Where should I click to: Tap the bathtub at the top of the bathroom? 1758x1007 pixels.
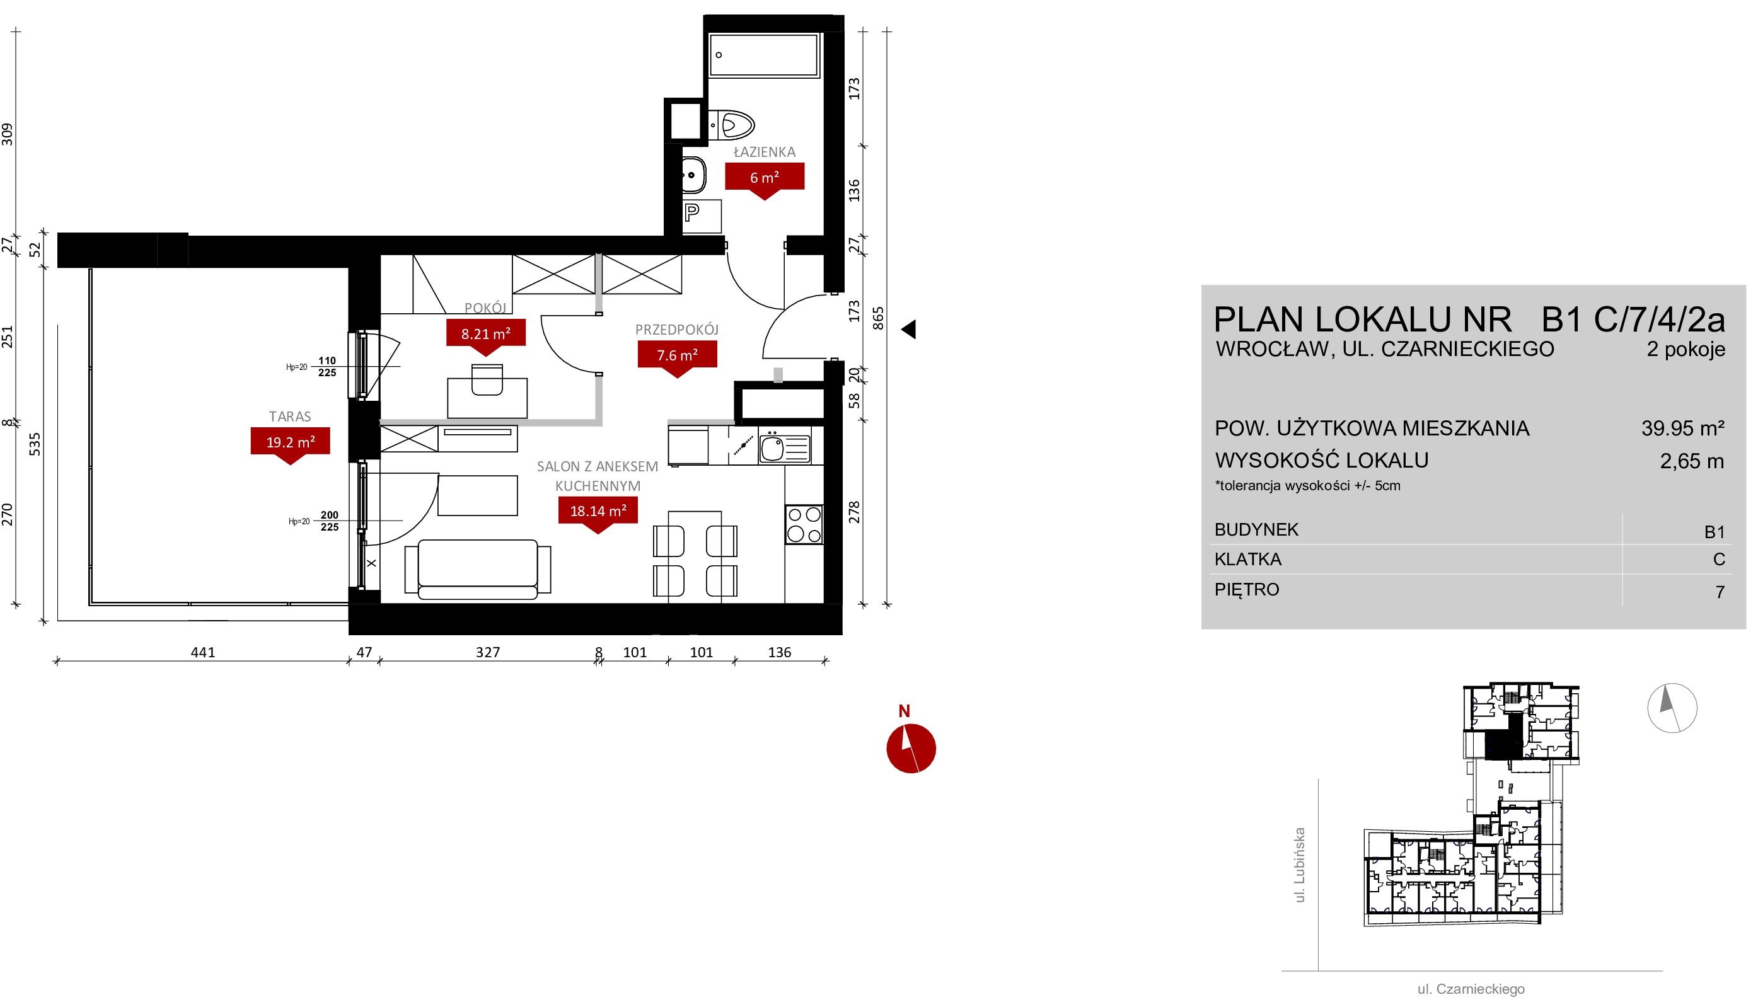click(764, 55)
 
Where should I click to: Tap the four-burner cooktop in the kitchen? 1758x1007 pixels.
click(804, 524)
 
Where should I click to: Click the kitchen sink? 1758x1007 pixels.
click(784, 447)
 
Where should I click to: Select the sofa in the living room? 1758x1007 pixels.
click(478, 569)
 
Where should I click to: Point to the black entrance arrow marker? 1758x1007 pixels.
click(909, 329)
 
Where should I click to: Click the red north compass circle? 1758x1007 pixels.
click(911, 749)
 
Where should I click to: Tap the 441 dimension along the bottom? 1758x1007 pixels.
click(202, 652)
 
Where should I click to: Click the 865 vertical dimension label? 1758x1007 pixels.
click(877, 319)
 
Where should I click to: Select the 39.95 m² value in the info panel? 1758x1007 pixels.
click(1682, 428)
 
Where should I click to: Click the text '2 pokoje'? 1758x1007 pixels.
click(1686, 349)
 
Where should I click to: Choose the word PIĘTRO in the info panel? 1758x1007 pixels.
click(1247, 590)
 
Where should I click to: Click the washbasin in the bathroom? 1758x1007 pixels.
click(693, 175)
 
